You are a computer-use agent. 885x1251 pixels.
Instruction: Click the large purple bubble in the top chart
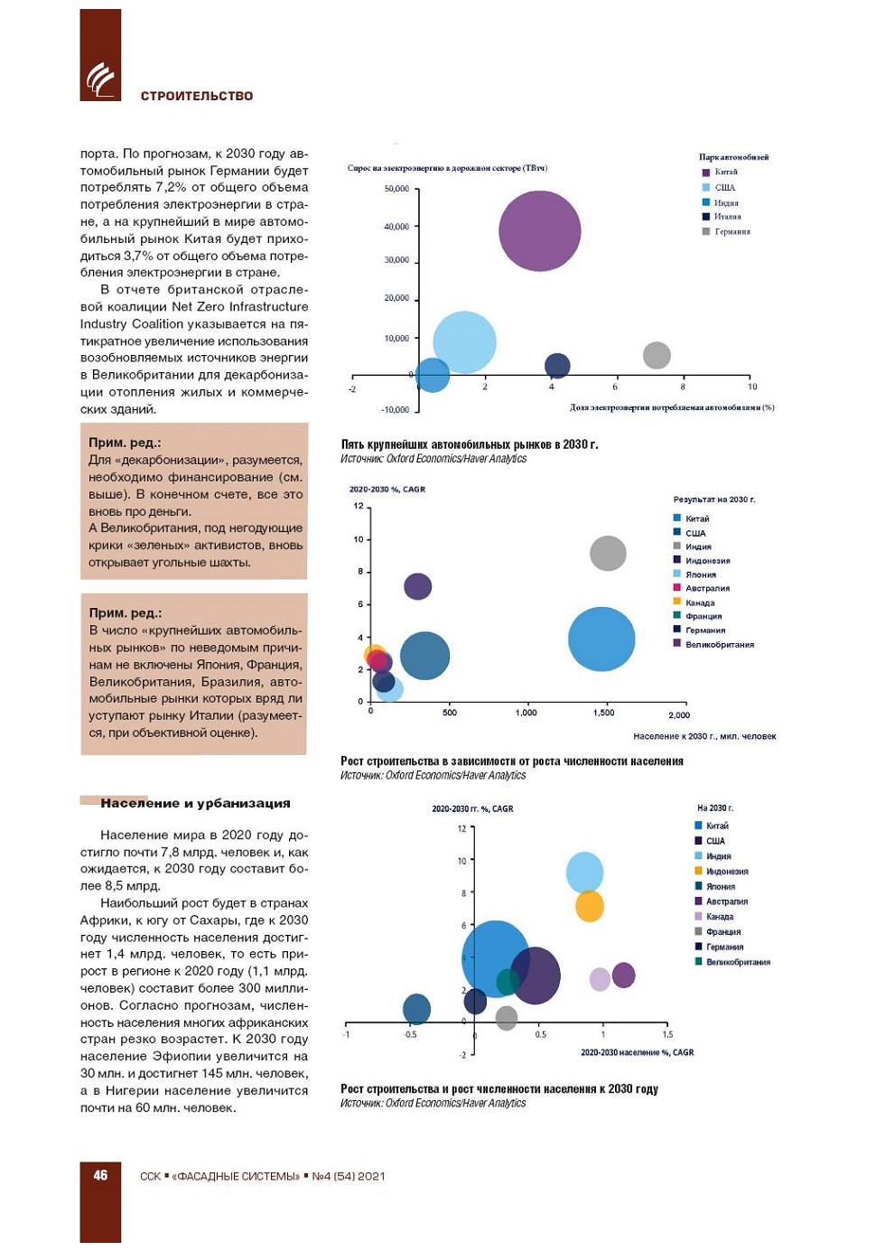[539, 231]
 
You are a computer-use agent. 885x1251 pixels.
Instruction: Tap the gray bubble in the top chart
[657, 355]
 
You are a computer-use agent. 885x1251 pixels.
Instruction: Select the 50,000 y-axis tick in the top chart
[396, 189]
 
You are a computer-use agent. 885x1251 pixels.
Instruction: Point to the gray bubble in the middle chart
[608, 553]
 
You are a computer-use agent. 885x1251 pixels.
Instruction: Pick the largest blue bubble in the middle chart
[601, 639]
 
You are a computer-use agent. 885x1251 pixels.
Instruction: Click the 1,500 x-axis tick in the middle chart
[604, 714]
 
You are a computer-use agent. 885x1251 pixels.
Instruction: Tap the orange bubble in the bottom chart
[589, 906]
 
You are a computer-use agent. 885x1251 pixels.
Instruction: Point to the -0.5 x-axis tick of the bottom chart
[411, 1035]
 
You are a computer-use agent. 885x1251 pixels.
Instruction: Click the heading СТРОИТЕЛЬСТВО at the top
[197, 96]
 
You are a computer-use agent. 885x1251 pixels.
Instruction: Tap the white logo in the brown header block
[100, 79]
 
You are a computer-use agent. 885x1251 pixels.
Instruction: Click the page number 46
[100, 1175]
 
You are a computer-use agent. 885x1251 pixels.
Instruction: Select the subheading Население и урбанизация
[195, 803]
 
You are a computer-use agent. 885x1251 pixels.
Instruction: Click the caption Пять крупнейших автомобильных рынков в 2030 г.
[470, 444]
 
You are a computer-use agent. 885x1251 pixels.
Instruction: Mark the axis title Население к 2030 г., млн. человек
[704, 736]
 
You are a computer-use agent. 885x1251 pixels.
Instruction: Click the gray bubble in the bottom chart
[507, 1018]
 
